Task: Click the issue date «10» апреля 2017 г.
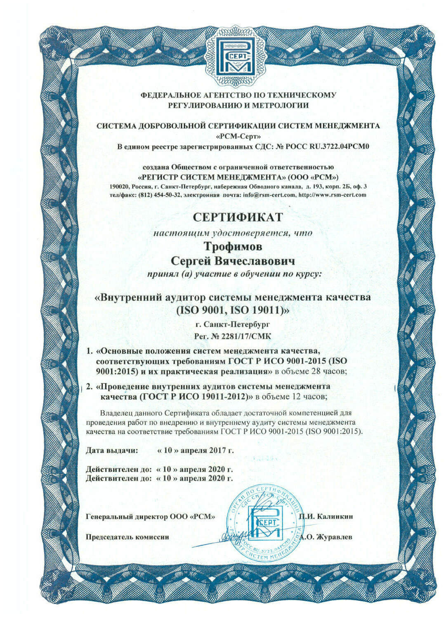pyautogui.click(x=196, y=450)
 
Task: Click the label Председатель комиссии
pyautogui.click(x=127, y=537)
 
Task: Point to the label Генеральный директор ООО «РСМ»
pyautogui.click(x=151, y=516)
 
